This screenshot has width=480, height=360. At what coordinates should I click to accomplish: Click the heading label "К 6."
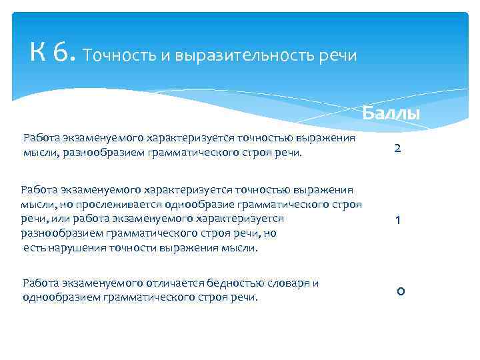pyautogui.click(x=54, y=51)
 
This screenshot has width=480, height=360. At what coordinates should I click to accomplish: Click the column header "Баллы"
pyautogui.click(x=391, y=113)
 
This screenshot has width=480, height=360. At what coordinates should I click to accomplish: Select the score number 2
pyautogui.click(x=397, y=148)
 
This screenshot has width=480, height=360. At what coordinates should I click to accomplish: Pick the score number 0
pyautogui.click(x=399, y=291)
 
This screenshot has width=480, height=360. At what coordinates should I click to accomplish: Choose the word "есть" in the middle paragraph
pyautogui.click(x=34, y=248)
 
